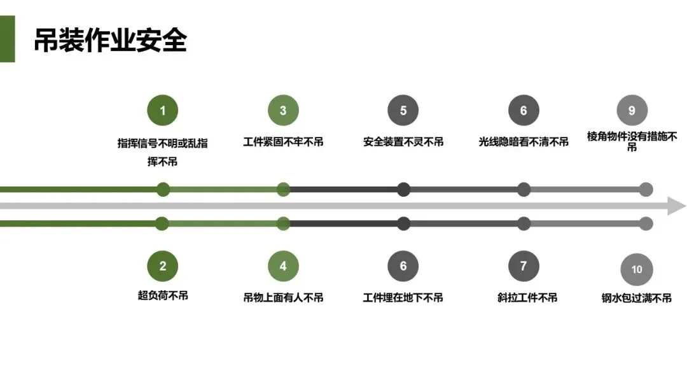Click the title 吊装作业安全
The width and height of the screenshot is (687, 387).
pos(110,40)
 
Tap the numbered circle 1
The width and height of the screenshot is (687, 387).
pos(162,111)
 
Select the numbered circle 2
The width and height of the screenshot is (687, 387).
pos(162,266)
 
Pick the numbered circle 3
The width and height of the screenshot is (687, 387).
pos(283,111)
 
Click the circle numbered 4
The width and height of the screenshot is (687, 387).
pos(283,266)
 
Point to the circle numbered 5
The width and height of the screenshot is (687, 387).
pos(403,111)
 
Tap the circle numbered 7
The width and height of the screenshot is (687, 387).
pos(524,266)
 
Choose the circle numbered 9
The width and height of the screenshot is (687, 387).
pos(632,111)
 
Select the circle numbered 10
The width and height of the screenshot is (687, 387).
pos(636,269)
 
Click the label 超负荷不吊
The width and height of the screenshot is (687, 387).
pos(163,295)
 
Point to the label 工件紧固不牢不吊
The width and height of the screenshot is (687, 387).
pos(283,142)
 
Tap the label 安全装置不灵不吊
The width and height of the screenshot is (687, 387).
pos(403,142)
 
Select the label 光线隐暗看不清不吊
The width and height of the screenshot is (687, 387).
pos(524,142)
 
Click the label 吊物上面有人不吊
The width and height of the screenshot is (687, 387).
pos(283,297)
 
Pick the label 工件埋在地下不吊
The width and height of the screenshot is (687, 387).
pos(403,297)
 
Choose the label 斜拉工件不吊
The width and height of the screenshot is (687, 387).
pos(527,297)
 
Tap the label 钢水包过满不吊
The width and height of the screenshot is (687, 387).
pos(636,297)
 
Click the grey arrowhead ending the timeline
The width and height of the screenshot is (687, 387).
pos(677,206)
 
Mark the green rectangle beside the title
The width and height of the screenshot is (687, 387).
pos(7,39)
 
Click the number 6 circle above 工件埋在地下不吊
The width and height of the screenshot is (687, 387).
pos(403,266)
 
